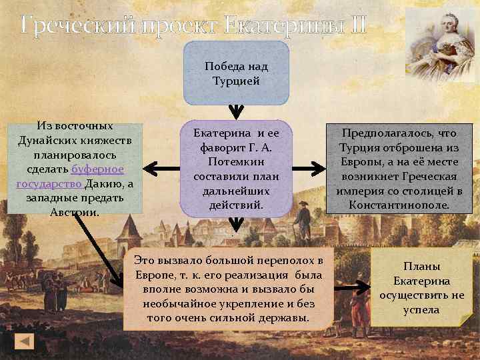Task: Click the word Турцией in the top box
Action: tap(236, 81)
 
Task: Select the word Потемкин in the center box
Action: tap(236, 162)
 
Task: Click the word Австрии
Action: tap(74, 213)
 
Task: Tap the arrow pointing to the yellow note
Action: tap(353, 287)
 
